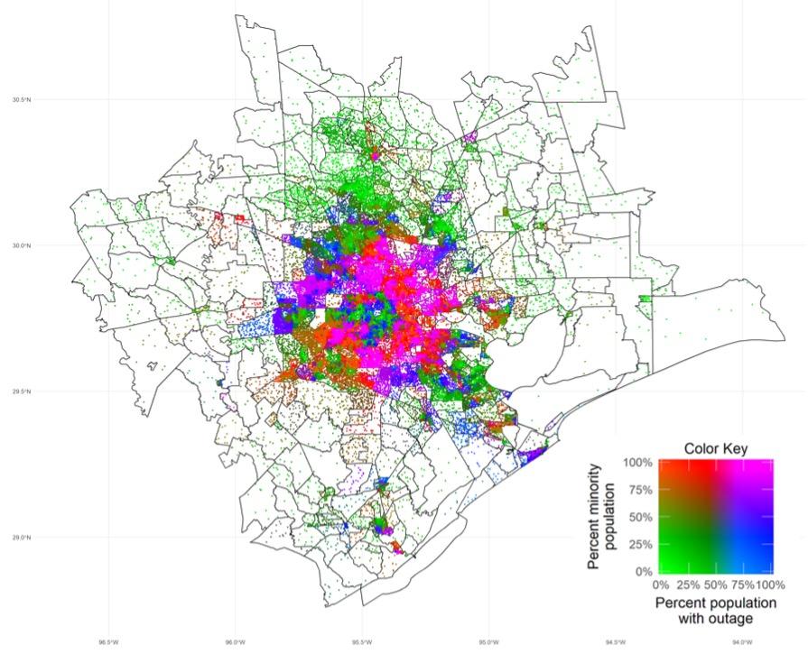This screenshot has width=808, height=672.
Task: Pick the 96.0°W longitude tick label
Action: pos(234,642)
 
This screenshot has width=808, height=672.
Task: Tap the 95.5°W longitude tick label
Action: pos(361,642)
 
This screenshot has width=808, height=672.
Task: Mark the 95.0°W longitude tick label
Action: pos(488,642)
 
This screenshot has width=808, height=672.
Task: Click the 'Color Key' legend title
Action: pos(715,448)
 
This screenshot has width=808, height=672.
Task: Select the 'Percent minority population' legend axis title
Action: pos(603,517)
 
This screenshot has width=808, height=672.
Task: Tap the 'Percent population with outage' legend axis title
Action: pos(715,610)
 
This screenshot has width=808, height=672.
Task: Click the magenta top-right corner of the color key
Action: pos(768,465)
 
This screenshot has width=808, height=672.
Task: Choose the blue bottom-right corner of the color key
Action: pos(768,567)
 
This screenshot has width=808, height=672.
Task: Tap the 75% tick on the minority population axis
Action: pos(640,490)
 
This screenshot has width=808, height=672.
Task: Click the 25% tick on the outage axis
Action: pos(688,585)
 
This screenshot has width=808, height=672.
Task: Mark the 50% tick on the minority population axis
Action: pos(640,517)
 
